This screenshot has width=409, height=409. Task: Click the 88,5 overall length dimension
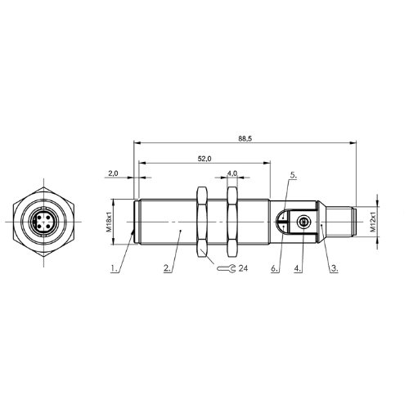click(x=245, y=138)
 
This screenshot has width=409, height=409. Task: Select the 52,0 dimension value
click(x=204, y=159)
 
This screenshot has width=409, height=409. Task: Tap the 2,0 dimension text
click(x=113, y=173)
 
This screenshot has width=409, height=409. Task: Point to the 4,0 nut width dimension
click(x=232, y=173)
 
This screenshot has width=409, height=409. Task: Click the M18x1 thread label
click(x=109, y=222)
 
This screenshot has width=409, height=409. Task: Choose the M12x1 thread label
click(x=373, y=222)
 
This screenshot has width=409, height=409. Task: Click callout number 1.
click(x=115, y=268)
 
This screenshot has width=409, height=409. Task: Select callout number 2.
click(x=167, y=268)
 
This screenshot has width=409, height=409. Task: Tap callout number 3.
click(x=335, y=268)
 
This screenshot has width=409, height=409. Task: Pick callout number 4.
click(x=298, y=268)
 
